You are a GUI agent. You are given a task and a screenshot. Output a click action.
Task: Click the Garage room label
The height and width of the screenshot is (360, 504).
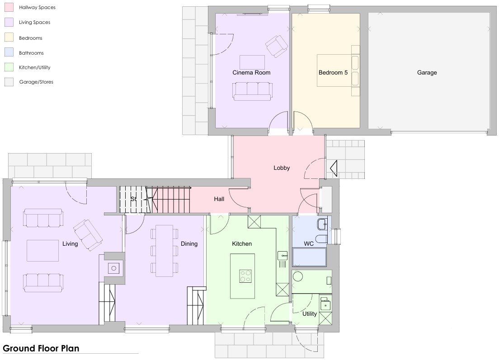coord(427,73)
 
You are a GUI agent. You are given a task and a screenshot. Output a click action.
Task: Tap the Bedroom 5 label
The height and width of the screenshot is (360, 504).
coord(333,73)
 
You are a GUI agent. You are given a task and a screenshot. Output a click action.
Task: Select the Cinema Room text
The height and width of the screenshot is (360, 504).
coord(251,73)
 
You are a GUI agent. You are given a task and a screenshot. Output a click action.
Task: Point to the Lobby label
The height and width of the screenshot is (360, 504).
coord(282,168)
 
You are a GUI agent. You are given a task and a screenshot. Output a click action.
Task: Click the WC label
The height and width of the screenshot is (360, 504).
coord(309,244)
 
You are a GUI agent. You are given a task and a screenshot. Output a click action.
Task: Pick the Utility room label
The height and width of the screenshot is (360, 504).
coord(310,314)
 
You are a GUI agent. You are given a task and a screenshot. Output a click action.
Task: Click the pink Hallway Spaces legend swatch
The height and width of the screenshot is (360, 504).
coord(9,7)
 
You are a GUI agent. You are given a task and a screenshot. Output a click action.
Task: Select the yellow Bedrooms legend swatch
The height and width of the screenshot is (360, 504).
coord(9,37)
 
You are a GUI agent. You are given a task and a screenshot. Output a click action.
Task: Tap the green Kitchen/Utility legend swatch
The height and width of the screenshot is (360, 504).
coord(9,67)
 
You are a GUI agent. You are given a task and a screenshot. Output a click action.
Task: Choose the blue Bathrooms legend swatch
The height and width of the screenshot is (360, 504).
coord(9,52)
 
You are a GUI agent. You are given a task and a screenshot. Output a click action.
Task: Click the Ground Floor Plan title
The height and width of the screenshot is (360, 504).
coord(41,348)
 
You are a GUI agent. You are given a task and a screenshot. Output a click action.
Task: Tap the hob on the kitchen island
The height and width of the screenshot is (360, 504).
coord(245,276)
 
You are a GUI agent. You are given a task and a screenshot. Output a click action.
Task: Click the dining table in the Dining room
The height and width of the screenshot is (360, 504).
coord(164,251)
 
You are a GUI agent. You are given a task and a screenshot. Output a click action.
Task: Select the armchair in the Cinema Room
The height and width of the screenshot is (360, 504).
coord(277,46)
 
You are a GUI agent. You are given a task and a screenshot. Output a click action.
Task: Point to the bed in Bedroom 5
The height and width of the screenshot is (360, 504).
coord(338,70)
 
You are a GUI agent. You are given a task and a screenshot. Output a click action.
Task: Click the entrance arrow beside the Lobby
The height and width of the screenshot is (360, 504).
coord(333,168)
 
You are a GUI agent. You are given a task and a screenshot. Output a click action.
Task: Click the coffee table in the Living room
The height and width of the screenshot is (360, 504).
coord(43,251)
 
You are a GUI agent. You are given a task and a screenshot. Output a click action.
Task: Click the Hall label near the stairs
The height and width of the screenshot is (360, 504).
coord(219,199)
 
